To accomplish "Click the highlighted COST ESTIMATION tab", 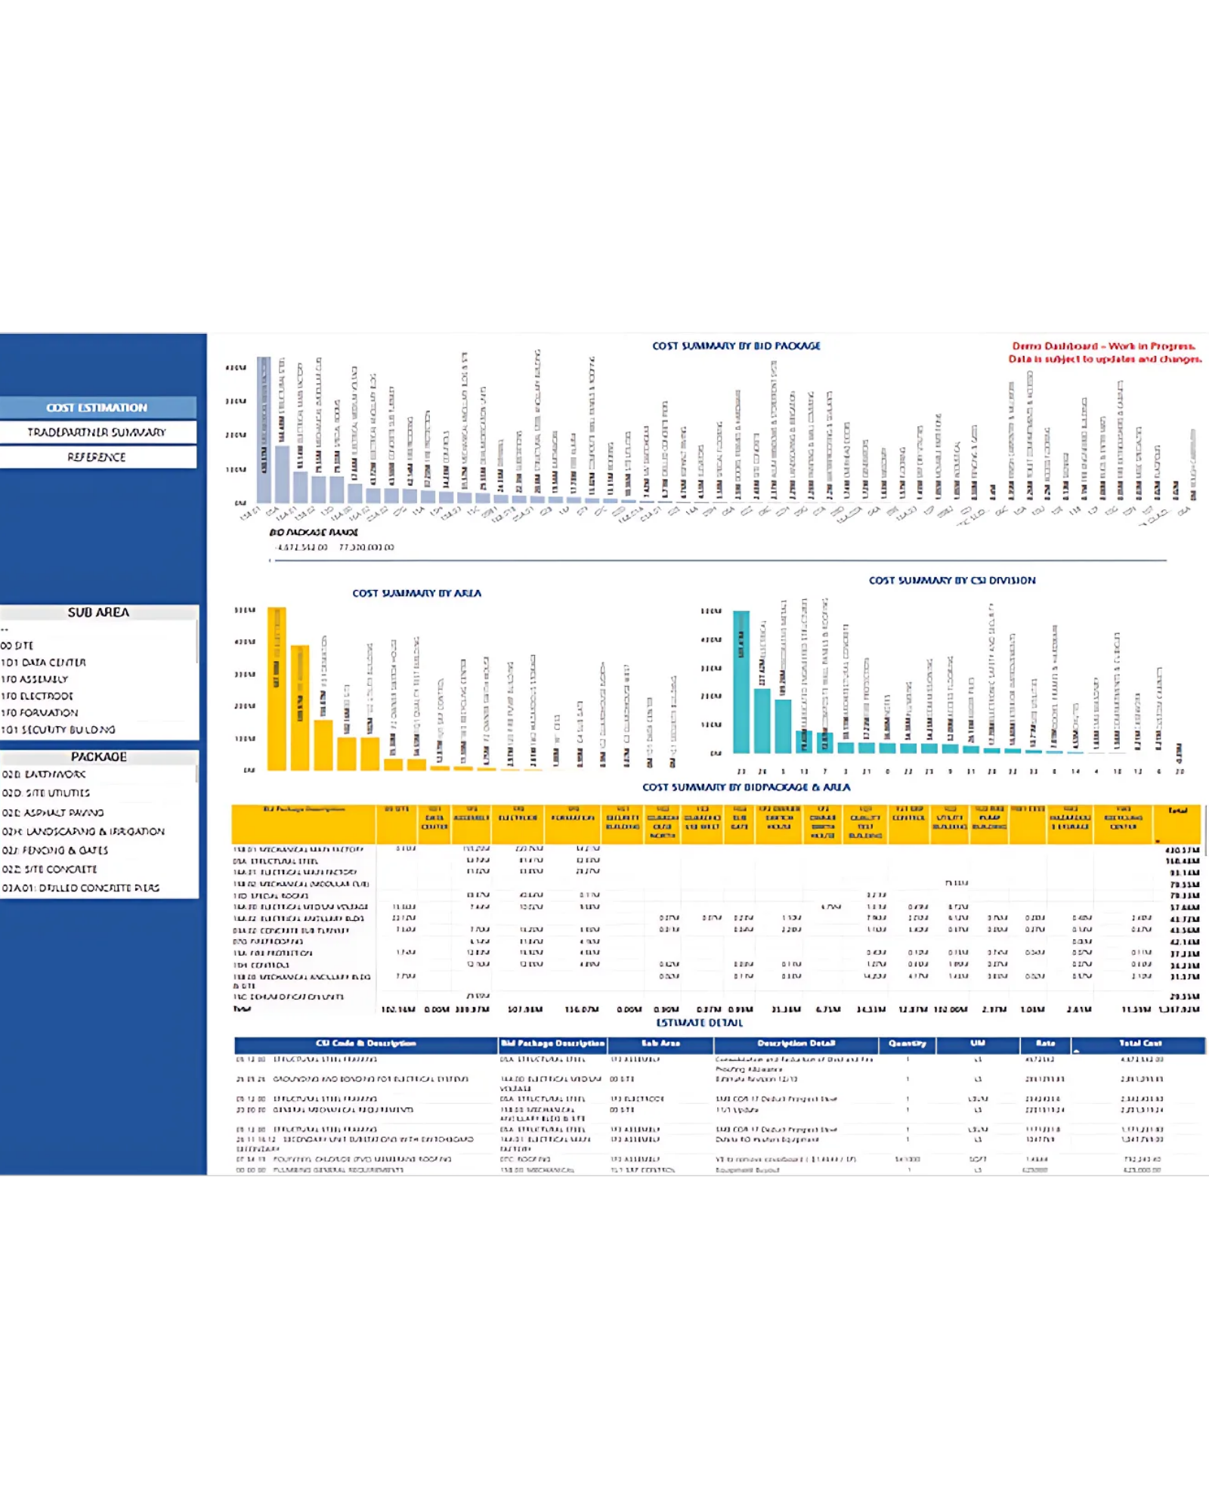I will pyautogui.click(x=97, y=408).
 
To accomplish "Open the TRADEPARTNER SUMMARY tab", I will pyautogui.click(x=97, y=432).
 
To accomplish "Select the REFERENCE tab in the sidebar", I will pyautogui.click(x=97, y=457).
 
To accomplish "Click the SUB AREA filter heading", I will pyautogui.click(x=98, y=613).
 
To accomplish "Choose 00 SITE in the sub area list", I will pyautogui.click(x=18, y=646).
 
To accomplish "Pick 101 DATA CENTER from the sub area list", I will pyautogui.click(x=44, y=663).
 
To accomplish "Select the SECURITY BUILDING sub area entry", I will pyautogui.click(x=59, y=730).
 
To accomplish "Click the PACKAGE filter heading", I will pyautogui.click(x=98, y=757).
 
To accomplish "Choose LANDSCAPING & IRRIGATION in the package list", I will pyautogui.click(x=83, y=832).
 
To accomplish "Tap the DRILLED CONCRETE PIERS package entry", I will pyautogui.click(x=81, y=888).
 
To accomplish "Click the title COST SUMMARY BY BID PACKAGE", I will pyautogui.click(x=736, y=346).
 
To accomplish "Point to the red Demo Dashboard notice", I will pyautogui.click(x=1105, y=353).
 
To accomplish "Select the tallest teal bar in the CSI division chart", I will pyautogui.click(x=741, y=681).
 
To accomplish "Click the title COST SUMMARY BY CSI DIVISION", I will pyautogui.click(x=952, y=580).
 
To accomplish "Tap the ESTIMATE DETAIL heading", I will pyautogui.click(x=700, y=1023).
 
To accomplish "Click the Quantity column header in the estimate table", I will pyautogui.click(x=908, y=1044).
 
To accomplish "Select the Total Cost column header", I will pyautogui.click(x=1140, y=1044).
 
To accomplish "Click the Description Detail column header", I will pyautogui.click(x=796, y=1044).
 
